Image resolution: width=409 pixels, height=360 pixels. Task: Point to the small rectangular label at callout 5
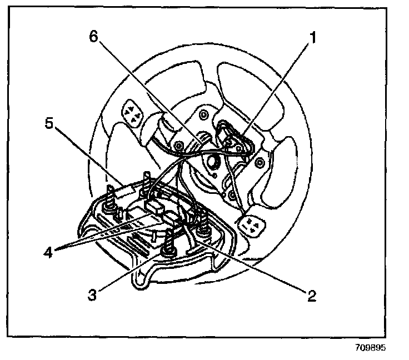124,191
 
